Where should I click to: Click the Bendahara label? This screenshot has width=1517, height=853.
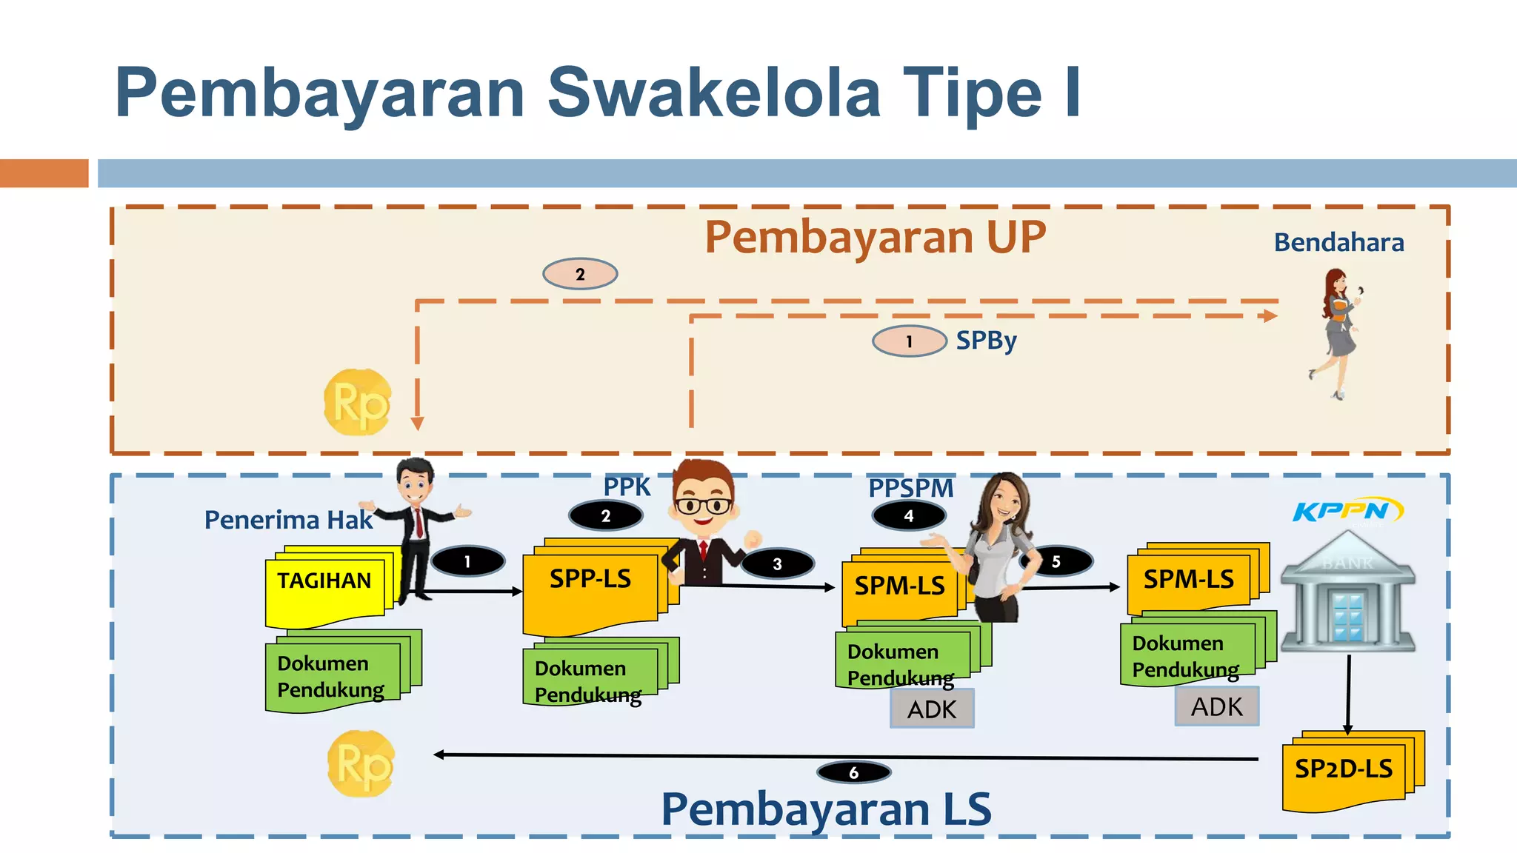tap(1338, 243)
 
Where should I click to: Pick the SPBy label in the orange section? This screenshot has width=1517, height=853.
tap(986, 341)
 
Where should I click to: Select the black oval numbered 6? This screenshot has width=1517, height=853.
tap(853, 773)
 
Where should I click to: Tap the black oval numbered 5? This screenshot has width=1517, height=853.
tap(1056, 561)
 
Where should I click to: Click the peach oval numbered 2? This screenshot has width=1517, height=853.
tap(580, 274)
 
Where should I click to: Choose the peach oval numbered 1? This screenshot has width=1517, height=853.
tap(909, 341)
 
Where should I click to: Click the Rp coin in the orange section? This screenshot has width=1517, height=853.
tap(358, 402)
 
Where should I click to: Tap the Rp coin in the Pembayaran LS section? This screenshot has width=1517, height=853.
tap(361, 763)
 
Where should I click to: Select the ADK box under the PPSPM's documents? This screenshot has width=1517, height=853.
tap(932, 709)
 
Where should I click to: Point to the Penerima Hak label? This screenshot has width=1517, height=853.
tap(288, 520)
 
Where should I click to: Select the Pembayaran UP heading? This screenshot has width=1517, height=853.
tap(875, 237)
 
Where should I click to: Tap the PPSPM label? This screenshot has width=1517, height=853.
tap(910, 488)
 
